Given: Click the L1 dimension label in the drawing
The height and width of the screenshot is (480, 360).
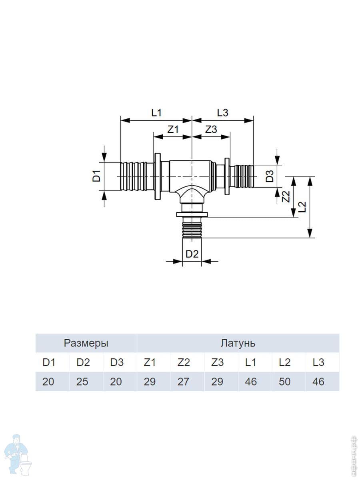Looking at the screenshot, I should (156, 113).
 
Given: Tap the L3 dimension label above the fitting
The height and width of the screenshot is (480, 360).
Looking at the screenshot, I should (222, 113).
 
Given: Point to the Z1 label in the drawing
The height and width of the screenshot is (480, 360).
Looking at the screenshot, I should (173, 129).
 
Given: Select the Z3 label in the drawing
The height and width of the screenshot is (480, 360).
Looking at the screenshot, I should (211, 129).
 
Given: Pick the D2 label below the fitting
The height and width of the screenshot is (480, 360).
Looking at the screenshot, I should (192, 254).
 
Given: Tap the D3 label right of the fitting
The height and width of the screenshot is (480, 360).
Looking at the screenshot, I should (270, 176).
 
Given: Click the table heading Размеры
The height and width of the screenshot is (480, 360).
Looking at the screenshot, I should (86, 343).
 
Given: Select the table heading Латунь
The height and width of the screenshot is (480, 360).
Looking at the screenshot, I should (238, 343).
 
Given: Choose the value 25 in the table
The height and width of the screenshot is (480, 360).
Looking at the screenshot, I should (82, 382).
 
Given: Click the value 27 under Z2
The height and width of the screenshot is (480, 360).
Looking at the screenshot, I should (183, 382).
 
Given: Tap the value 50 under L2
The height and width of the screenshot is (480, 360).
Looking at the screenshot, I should (284, 382).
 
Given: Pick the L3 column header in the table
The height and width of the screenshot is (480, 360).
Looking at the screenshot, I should (318, 362).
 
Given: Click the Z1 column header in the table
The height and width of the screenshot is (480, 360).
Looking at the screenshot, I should (149, 362).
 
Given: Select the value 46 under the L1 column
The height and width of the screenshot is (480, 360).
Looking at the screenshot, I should (251, 382).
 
